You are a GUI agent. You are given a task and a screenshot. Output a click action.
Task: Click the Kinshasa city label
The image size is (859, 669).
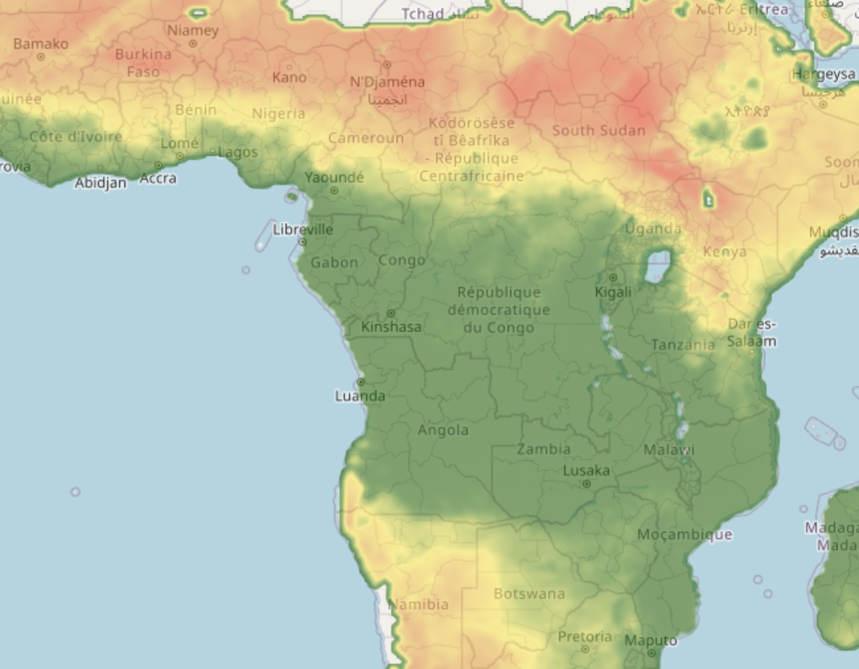coord(391,327)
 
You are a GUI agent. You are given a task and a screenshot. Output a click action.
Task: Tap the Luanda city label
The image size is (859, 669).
coord(359,396)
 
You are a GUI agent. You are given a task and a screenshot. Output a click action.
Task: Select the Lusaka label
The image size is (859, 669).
coord(586,471)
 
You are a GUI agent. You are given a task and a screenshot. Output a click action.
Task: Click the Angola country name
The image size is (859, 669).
coord(443,430)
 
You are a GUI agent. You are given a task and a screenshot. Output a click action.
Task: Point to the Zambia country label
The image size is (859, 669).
coord(543,449)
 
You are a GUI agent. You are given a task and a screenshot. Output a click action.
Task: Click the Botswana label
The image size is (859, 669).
coord(529,594)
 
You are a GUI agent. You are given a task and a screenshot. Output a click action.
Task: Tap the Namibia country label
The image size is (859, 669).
coord(419,604)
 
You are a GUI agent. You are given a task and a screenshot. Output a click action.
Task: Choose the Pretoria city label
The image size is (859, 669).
coord(585,637)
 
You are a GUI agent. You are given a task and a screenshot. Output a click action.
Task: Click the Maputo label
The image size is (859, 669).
coord(650,641)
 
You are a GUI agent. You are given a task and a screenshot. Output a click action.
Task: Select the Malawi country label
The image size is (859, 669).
coord(669,450)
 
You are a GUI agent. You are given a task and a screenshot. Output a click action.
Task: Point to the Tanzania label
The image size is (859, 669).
coord(683,344)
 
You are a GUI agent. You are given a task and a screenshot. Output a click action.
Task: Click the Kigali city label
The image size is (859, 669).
coord(613,292)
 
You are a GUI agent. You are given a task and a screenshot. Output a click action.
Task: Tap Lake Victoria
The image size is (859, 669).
coord(657,266)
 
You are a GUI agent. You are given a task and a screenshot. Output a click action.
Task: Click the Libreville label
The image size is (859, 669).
coord(303,229)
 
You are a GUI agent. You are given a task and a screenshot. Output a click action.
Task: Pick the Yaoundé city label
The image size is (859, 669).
coord(334,177)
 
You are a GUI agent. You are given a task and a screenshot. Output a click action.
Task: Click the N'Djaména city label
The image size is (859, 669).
coord(387,82)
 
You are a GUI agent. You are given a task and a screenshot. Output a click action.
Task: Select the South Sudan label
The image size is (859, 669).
coord(599,130)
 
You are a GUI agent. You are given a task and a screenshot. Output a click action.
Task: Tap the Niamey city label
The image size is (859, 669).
coord(192,30)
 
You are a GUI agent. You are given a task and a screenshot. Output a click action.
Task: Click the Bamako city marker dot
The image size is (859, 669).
coord(41,57)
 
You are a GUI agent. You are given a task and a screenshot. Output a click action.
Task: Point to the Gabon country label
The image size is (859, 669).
coord(334,262)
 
